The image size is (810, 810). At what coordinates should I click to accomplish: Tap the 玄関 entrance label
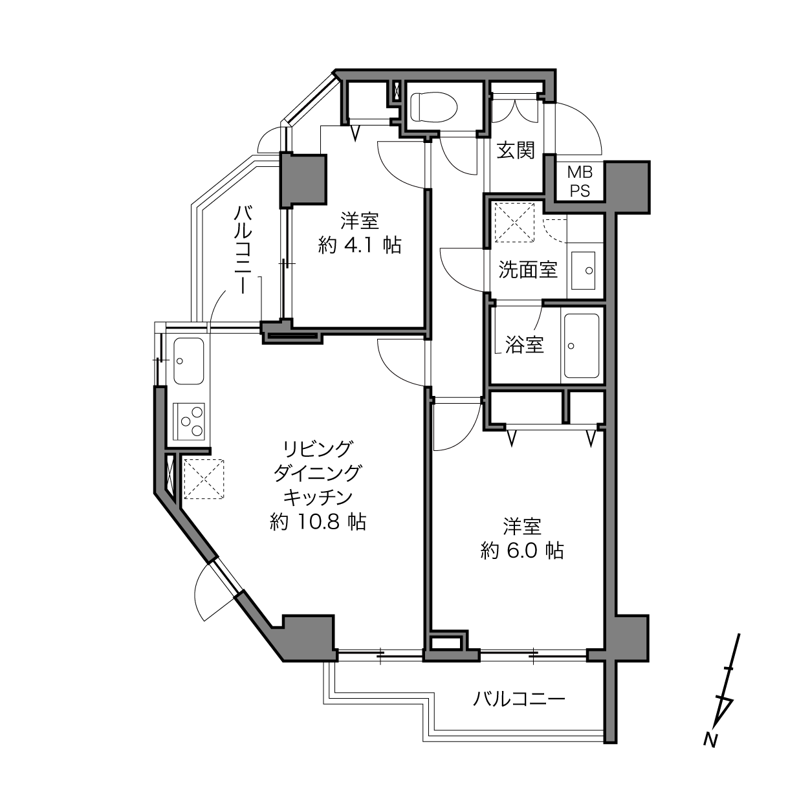coord(516,151)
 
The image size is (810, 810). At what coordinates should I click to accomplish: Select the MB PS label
coord(580,182)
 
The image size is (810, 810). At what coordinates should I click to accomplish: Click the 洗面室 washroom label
coord(528,269)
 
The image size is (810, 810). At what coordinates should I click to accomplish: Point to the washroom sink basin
coord(583,270)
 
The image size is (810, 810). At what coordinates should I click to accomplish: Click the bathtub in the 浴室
coord(582,345)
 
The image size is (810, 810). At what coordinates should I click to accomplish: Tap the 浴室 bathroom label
coord(525,344)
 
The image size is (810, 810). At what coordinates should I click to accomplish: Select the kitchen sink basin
coord(189,360)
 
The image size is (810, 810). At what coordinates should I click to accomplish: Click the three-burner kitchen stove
coord(189,422)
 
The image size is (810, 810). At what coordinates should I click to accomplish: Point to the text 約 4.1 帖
coord(360,245)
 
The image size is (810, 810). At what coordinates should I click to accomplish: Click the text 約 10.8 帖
coord(318,521)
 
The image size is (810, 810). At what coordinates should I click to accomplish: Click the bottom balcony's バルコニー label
coord(519,699)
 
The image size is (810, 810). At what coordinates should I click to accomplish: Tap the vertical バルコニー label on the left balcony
coord(243,249)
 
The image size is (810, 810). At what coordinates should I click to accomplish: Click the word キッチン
coord(318,498)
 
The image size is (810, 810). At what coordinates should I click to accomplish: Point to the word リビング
coord(318,449)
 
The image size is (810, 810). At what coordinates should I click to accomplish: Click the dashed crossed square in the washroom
coord(514,223)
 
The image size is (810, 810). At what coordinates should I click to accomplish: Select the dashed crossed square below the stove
coord(204,479)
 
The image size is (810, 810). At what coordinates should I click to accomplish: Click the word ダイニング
coord(318,474)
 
